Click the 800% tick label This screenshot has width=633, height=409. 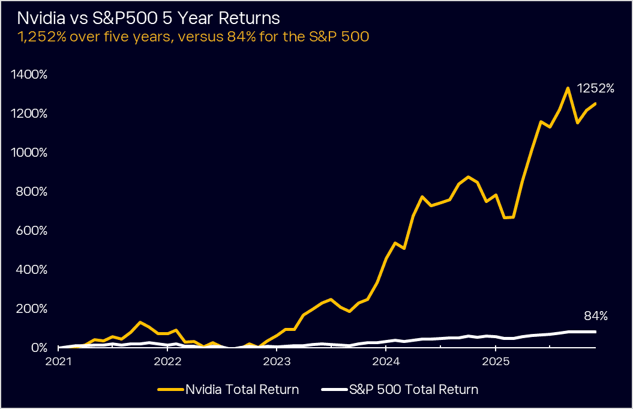pyautogui.click(x=31, y=192)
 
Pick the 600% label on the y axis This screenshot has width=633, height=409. pyautogui.click(x=31, y=231)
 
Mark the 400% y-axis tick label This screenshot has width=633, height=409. pyautogui.click(x=31, y=270)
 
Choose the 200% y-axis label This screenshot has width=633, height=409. pyautogui.click(x=31, y=309)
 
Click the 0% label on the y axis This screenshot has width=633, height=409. pyautogui.click(x=37, y=348)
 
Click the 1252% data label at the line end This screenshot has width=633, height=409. pyautogui.click(x=595, y=88)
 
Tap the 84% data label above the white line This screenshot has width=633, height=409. pyautogui.click(x=596, y=316)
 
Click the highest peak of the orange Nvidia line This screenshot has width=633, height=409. pyautogui.click(x=568, y=88)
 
